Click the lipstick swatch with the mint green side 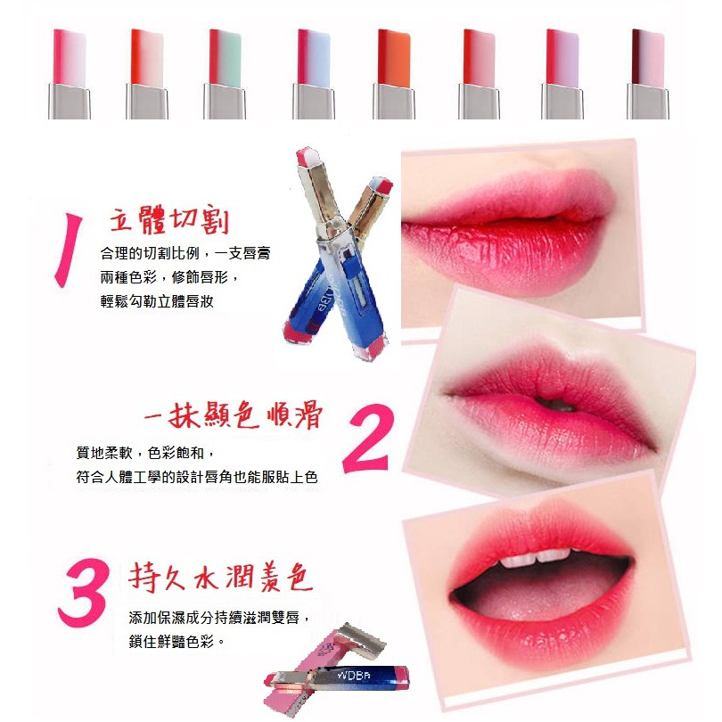[x=225, y=74]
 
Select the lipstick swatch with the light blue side [x=314, y=74]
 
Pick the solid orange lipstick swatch [x=394, y=74]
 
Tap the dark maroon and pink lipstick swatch [x=648, y=74]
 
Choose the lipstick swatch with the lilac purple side [x=562, y=74]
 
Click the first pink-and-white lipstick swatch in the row [x=70, y=74]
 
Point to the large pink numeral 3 [x=85, y=593]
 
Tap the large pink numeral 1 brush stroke [x=68, y=250]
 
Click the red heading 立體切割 [x=169, y=219]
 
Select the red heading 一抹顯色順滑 [x=234, y=414]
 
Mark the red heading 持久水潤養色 [x=221, y=577]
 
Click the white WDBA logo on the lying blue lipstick [x=354, y=675]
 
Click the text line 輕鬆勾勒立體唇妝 [x=157, y=301]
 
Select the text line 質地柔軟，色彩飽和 [x=145, y=453]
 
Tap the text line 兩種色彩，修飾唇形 [x=169, y=277]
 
